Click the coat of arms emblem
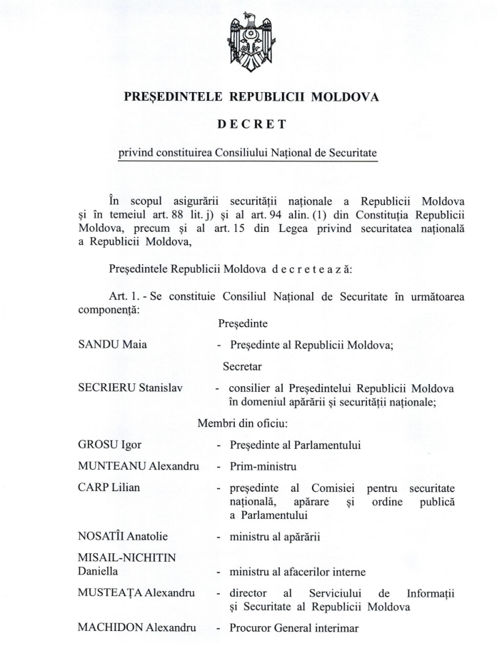click(x=249, y=43)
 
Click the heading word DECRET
click(x=248, y=124)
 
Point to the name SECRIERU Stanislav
click(x=130, y=389)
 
